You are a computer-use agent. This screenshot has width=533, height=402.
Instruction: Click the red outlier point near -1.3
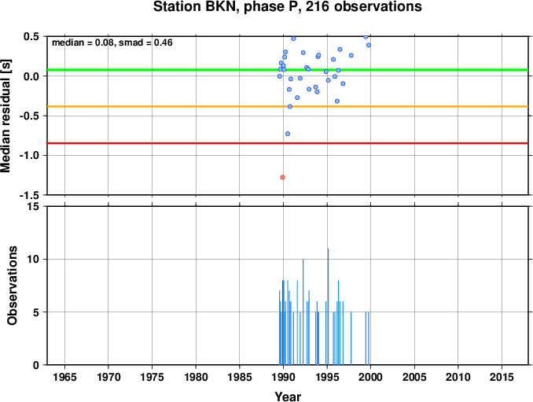click(282, 177)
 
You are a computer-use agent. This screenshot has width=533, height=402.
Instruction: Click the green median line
click(288, 70)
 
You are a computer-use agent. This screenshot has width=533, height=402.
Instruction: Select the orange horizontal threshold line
click(288, 106)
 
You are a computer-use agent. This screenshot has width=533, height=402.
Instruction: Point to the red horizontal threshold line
click(288, 143)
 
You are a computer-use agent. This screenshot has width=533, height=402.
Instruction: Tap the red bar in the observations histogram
click(282, 323)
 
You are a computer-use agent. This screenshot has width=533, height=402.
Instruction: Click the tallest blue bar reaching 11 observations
click(328, 307)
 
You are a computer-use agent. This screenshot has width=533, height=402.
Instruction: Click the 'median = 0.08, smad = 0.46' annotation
click(112, 42)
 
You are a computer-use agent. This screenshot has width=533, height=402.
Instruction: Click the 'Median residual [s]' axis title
click(6, 116)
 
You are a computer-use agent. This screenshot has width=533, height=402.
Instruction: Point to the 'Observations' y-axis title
click(12, 286)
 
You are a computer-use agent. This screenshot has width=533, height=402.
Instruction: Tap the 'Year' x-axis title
click(288, 396)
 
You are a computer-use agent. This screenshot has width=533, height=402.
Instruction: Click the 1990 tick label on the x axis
click(283, 377)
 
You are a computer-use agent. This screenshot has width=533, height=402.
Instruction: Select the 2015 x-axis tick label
click(502, 377)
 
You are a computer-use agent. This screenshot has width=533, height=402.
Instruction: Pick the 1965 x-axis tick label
click(64, 377)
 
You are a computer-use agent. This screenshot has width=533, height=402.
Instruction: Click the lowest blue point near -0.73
click(288, 134)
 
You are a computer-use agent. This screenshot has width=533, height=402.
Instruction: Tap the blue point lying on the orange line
click(290, 106)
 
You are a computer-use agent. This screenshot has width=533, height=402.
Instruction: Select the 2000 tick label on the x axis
click(370, 377)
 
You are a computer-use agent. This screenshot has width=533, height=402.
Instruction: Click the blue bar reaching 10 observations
click(303, 312)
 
